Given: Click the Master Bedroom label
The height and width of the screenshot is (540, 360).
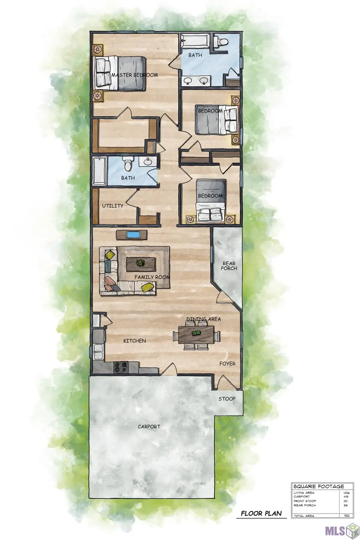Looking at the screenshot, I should click(134, 75).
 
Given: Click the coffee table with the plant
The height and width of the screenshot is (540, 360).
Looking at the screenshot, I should click(140, 263).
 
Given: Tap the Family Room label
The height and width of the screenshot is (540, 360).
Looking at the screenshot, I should click(152, 277).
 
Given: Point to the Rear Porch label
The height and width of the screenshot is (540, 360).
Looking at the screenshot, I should click(229, 266).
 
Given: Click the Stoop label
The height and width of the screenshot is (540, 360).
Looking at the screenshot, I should click(227, 399).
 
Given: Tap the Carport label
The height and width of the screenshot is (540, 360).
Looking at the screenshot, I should click(149, 427).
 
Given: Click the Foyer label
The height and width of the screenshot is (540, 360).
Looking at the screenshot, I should click(228, 364).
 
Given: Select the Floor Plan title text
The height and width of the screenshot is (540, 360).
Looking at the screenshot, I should click(261, 513).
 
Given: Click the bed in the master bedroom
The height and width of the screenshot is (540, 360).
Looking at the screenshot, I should click(120, 73).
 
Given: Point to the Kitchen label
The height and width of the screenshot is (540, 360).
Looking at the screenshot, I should click(134, 341).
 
